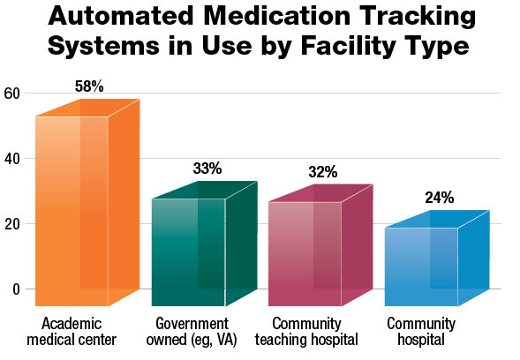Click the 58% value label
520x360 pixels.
tap(89, 86)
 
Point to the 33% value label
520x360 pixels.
tap(207, 169)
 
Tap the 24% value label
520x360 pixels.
tap(439, 198)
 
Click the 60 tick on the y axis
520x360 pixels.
tap(11, 94)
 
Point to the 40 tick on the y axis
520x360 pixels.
tap(11, 159)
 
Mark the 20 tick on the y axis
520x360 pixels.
tap(11, 224)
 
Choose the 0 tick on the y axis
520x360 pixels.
tap(15, 289)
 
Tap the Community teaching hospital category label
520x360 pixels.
tap(315, 331)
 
